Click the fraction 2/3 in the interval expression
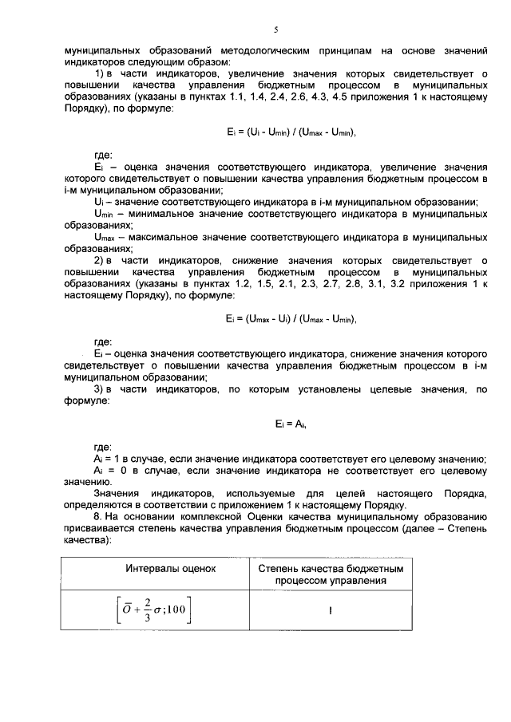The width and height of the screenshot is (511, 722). [x=145, y=610]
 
